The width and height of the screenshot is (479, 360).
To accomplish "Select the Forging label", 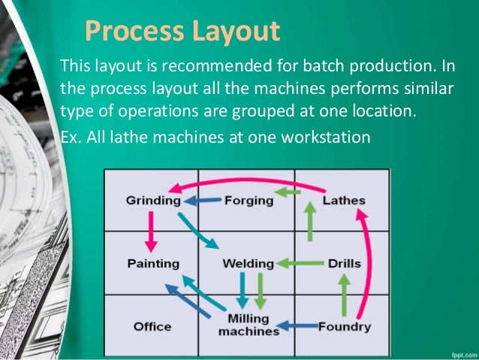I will pos(245,201).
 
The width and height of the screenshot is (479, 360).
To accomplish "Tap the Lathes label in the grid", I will pos(344,201).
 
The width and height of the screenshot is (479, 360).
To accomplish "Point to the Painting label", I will pos(153,264).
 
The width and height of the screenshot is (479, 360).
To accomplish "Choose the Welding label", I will pos(247,264).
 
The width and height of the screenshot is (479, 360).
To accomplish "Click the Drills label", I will pos(345,264).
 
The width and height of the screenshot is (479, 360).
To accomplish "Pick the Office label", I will pos(152,327).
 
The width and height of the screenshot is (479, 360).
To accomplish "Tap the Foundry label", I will pos(345,327).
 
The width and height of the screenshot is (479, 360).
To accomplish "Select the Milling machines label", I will pos(248,325).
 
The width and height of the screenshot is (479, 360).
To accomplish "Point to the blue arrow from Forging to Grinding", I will pos(203,201).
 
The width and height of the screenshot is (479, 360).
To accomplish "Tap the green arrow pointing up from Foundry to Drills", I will pos(344,295).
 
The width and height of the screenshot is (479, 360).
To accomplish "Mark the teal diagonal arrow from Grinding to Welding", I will pos(200,231).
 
